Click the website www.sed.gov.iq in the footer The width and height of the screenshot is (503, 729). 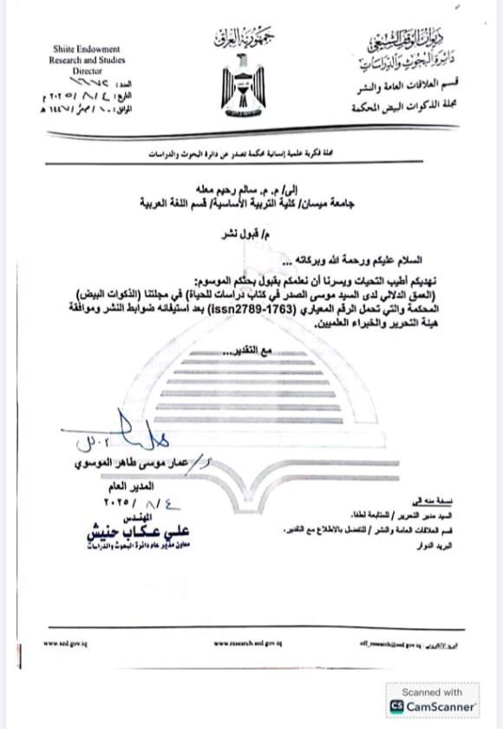click(61, 643)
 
